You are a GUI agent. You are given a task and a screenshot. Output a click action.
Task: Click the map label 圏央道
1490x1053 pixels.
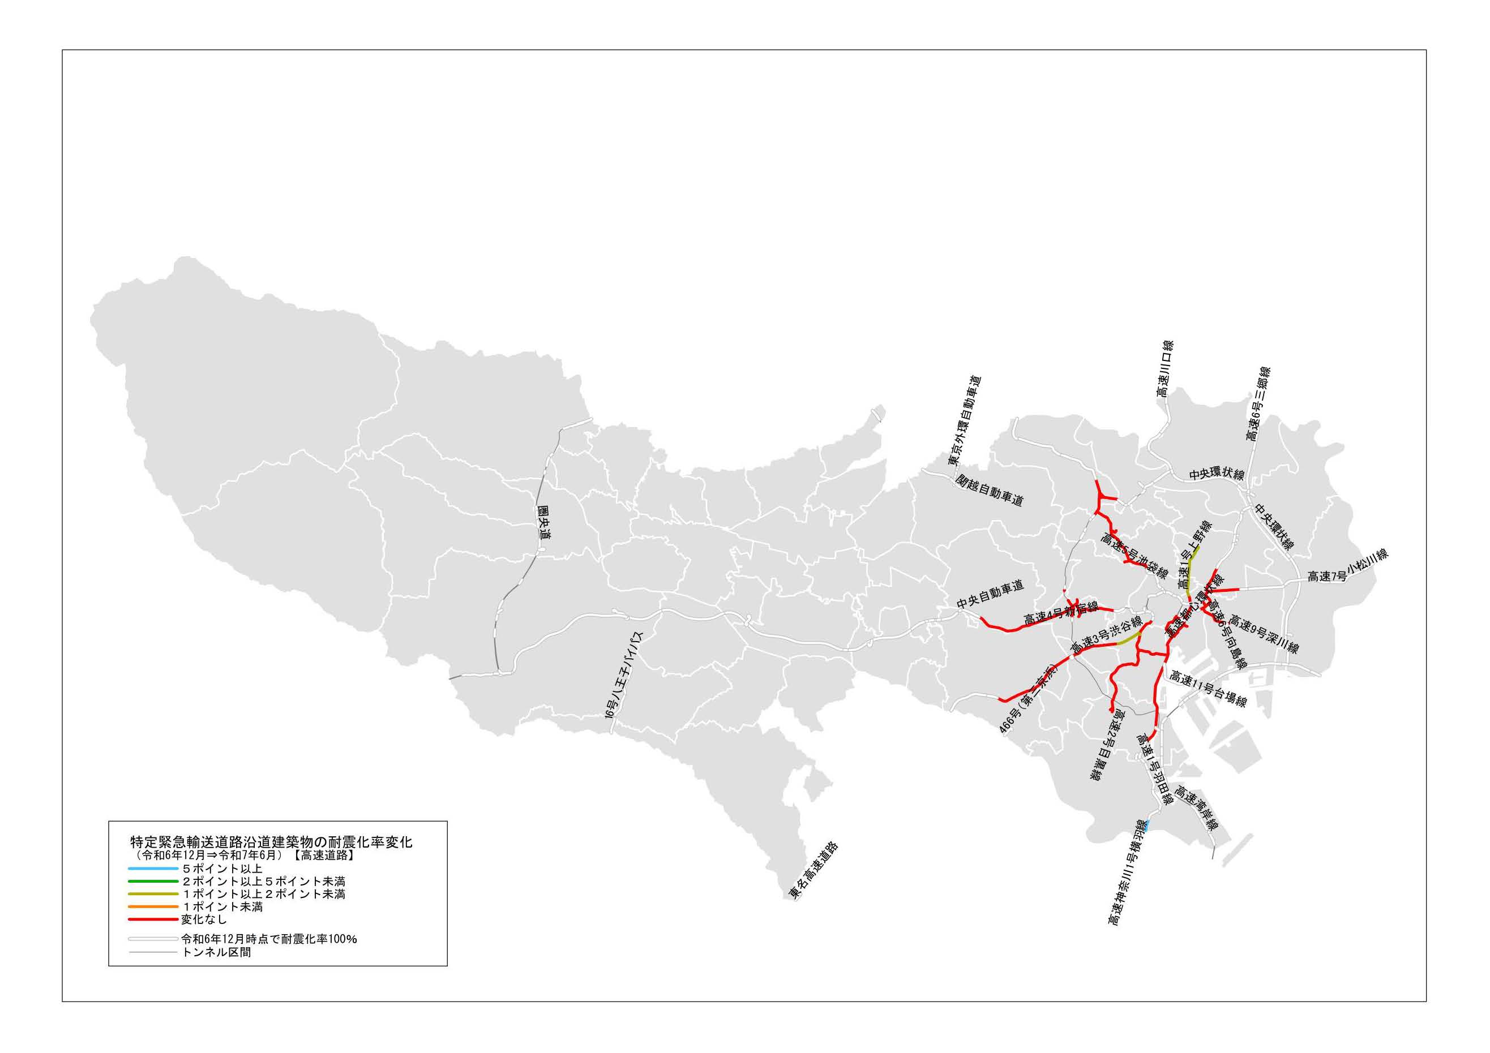coord(544,523)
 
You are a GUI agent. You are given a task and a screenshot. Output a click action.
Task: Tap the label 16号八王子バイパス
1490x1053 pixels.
coord(623,682)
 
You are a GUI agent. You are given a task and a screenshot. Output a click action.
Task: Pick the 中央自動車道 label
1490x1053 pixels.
coord(990,594)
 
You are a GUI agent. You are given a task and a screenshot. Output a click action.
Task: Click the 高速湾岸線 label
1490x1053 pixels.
coord(1196,809)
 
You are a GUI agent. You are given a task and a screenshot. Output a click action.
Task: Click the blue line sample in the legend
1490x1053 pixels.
coord(153,869)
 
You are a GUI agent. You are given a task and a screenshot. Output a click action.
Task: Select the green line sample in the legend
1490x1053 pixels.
coord(153,881)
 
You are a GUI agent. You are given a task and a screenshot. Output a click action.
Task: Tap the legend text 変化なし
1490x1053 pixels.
coord(204,919)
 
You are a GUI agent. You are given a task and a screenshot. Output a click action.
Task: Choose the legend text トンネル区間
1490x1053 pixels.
coord(216,952)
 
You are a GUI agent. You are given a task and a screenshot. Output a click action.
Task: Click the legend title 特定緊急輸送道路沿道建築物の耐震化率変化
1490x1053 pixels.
coord(271,842)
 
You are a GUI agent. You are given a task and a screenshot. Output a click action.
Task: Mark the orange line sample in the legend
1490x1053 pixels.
coord(153,906)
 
